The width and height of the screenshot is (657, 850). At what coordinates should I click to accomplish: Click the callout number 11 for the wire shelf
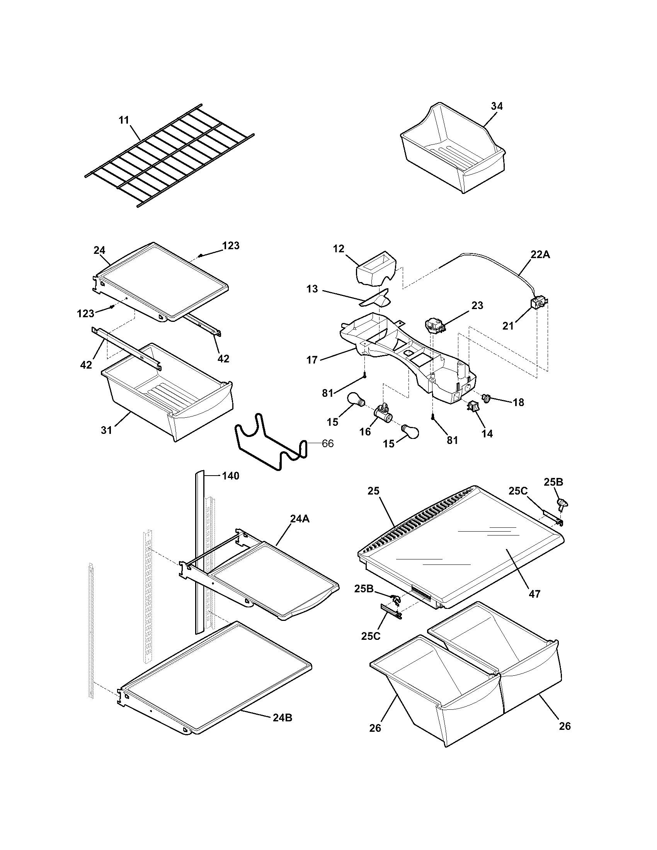coord(124,120)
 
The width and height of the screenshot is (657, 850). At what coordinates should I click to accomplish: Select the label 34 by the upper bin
coord(496,106)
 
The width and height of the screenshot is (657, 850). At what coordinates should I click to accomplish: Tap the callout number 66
coord(328,443)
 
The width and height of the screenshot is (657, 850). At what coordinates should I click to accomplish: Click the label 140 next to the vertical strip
coord(230,476)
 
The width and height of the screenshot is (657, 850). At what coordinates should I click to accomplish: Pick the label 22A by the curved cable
coord(540,255)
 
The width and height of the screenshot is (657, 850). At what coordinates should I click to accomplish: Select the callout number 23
coord(477,306)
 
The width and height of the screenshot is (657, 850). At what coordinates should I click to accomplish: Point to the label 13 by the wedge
coord(312,289)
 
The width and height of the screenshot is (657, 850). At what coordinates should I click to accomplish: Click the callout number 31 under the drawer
coord(106,430)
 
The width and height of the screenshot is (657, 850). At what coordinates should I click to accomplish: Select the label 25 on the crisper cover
coord(373,491)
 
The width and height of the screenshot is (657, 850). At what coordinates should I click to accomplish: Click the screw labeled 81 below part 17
coord(365,375)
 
